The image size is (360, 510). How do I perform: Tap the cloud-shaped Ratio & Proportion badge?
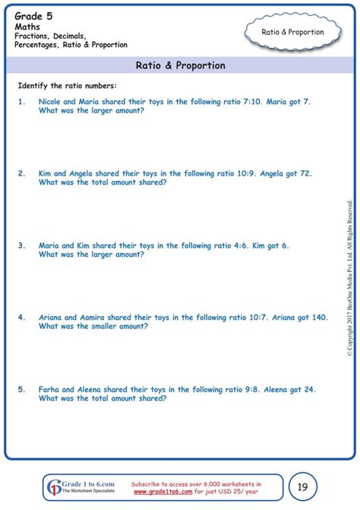tap(292, 32)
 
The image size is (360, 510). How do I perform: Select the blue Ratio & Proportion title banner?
tap(180, 65)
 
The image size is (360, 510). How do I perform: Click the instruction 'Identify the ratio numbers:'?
tap(67, 85)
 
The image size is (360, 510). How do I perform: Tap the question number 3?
tap(22, 245)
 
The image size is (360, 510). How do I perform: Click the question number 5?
tap(22, 389)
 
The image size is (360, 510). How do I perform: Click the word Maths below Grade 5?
tap(27, 24)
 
